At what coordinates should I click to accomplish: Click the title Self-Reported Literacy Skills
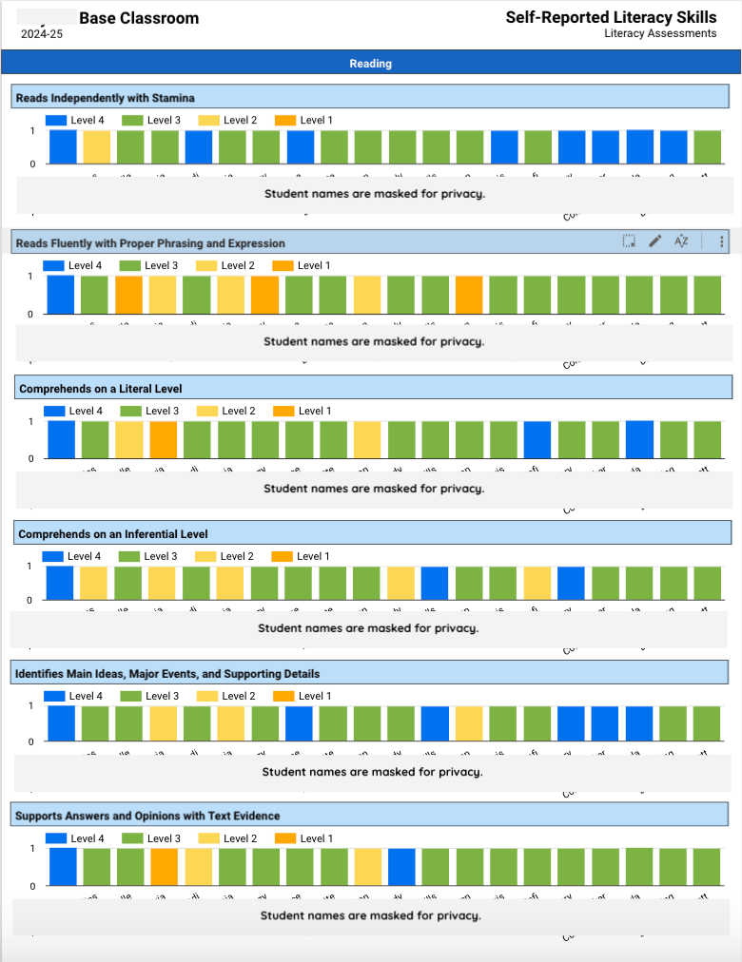click(611, 17)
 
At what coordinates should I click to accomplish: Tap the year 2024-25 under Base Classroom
click(43, 35)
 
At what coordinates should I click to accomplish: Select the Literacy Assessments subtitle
click(659, 33)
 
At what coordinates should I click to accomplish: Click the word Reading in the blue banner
click(370, 64)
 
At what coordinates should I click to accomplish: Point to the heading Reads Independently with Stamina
click(105, 98)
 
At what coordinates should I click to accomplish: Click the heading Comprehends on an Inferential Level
click(112, 534)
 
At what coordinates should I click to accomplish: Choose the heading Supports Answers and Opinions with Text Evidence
click(147, 816)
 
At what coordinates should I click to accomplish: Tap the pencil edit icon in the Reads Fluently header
click(654, 241)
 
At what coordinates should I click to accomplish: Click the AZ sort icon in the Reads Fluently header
click(681, 241)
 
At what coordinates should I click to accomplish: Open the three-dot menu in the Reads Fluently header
click(722, 241)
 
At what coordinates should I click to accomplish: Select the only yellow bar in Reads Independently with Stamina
click(96, 147)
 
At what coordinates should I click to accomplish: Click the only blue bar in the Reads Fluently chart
click(60, 295)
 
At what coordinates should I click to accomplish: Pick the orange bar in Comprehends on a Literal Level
click(164, 439)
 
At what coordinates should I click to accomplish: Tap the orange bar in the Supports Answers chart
click(165, 867)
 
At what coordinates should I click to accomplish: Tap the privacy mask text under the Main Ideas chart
click(372, 772)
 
